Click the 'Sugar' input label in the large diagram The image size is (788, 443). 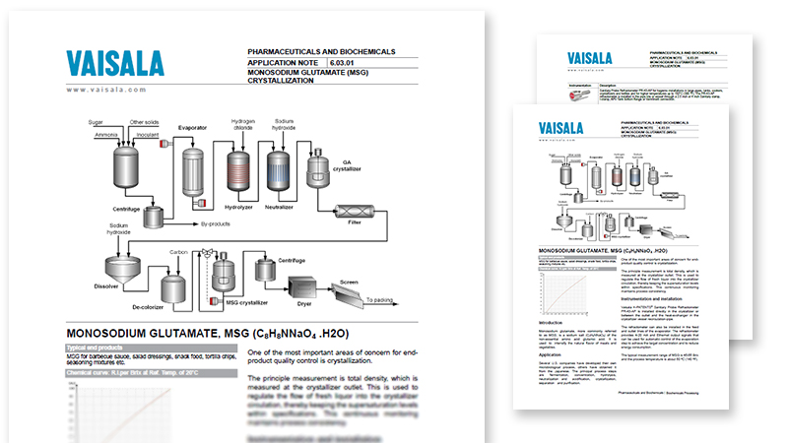pyautogui.click(x=97, y=122)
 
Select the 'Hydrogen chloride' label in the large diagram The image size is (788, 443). pyautogui.click(x=241, y=128)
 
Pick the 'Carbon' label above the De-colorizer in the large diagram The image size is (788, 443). pyautogui.click(x=178, y=252)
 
